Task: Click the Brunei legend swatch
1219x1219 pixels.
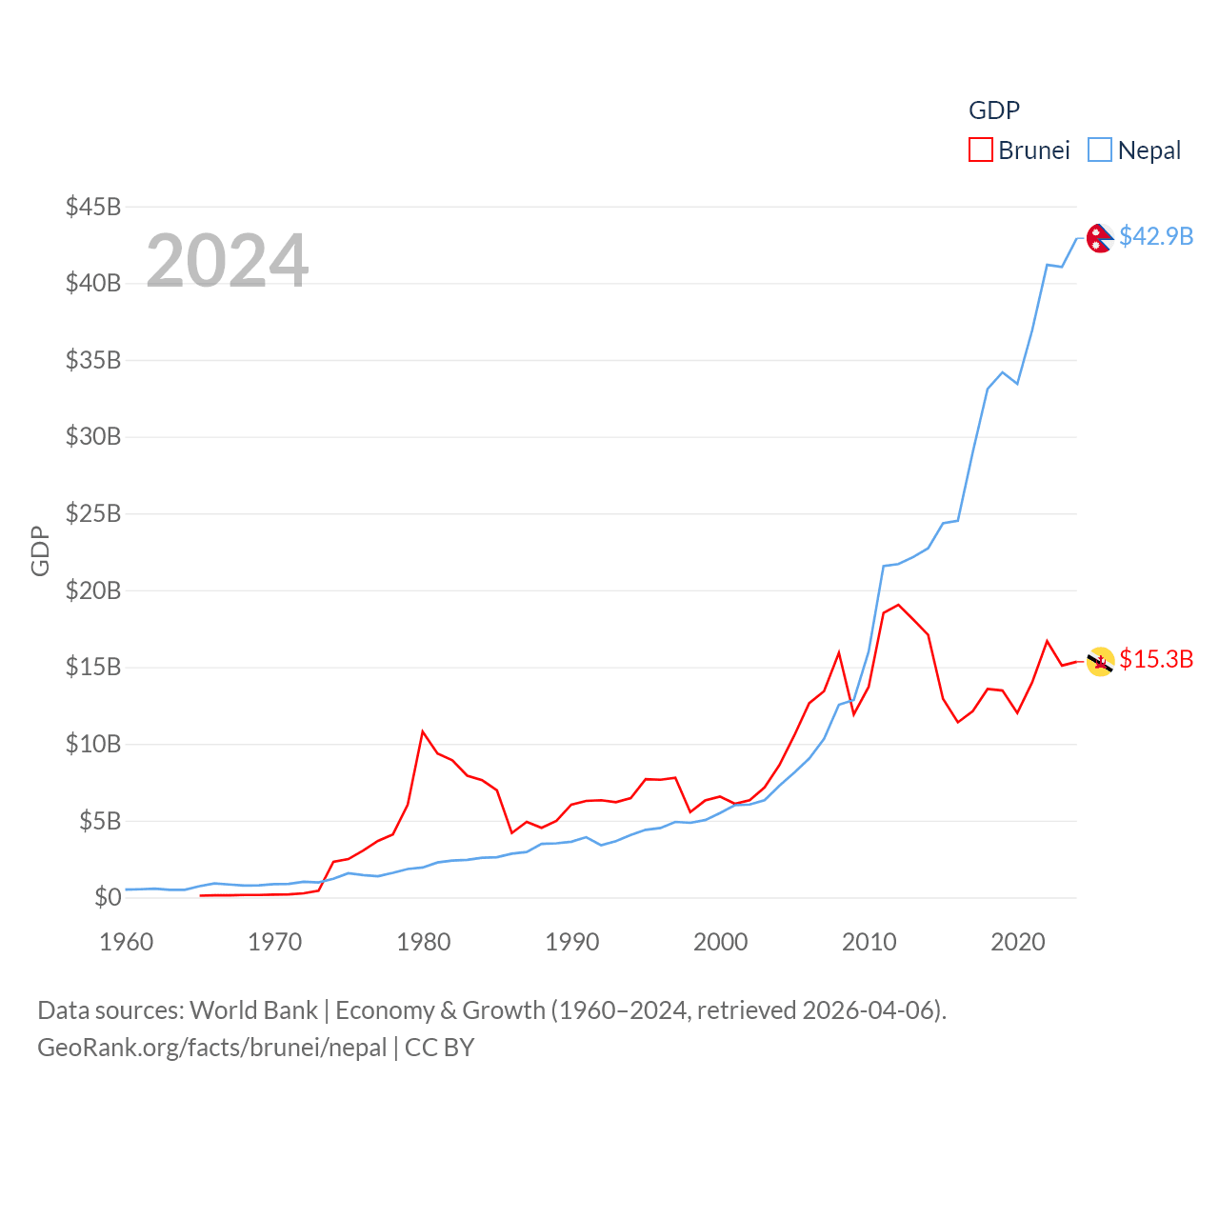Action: click(980, 150)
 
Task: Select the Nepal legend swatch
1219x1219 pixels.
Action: click(1100, 150)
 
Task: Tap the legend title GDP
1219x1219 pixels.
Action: click(993, 110)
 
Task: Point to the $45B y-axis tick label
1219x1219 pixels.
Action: click(93, 207)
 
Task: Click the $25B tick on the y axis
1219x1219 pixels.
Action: click(93, 514)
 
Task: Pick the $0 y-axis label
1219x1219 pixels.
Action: click(108, 897)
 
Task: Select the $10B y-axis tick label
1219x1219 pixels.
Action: click(93, 744)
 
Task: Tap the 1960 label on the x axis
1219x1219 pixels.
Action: click(127, 943)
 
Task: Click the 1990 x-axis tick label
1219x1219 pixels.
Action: click(572, 943)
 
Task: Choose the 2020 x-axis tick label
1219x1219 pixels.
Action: click(1018, 943)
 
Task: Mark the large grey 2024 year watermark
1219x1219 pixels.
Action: click(228, 261)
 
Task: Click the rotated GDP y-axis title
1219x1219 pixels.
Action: click(40, 550)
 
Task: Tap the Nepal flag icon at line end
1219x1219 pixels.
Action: click(1100, 238)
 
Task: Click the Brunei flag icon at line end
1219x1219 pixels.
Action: click(1100, 661)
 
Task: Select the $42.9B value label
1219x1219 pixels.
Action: click(1156, 236)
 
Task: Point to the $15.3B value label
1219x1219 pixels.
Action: click(1156, 659)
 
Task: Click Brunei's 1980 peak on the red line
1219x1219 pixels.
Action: click(423, 731)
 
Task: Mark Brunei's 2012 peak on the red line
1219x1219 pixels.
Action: click(898, 605)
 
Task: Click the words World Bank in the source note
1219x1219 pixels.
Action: click(253, 1010)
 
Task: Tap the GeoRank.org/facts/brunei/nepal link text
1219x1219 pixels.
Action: click(211, 1048)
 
